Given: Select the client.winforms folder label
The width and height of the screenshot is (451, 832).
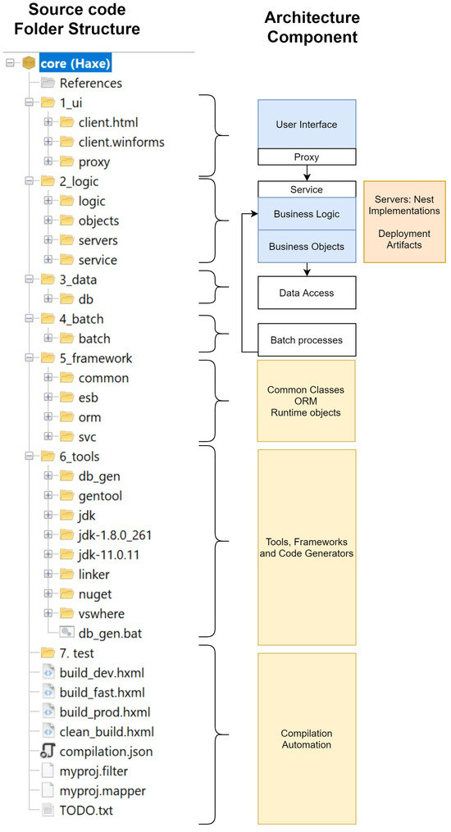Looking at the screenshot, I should point(121,142).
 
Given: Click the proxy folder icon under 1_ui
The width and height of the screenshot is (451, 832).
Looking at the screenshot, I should point(66,161).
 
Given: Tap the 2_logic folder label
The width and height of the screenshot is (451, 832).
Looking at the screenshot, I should point(80,181).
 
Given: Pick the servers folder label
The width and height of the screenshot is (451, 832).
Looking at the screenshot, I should point(98,240).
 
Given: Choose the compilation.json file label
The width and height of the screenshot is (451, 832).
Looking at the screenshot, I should point(106,751).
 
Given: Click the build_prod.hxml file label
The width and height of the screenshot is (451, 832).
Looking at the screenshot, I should point(105,712).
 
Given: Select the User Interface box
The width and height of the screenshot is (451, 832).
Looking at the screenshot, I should point(306,125).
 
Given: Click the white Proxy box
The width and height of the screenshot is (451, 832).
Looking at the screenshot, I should point(306,157).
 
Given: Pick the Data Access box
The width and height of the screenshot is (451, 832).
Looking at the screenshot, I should point(306,292).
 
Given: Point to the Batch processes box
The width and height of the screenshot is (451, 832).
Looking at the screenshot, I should point(306,339).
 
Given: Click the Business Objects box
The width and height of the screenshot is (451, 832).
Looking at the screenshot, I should point(306,246).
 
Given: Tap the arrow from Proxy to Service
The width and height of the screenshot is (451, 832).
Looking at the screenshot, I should point(306,173).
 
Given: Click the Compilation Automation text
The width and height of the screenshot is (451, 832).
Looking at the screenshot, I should point(306,739).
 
